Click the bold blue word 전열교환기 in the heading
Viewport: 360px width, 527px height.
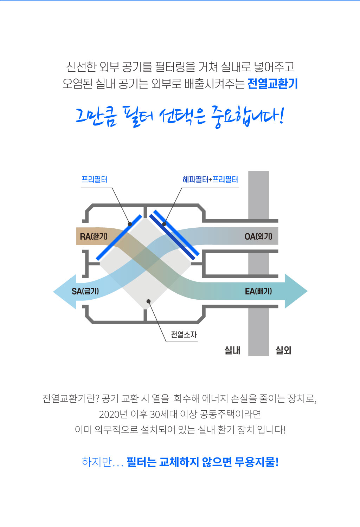[x=272, y=84]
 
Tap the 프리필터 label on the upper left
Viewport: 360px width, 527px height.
[x=94, y=180]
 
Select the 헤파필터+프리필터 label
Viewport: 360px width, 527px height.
[x=210, y=180]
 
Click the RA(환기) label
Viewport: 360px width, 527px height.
[x=94, y=236]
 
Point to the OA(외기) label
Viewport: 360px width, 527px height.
[x=258, y=236]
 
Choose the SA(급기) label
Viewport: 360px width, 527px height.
[x=85, y=291]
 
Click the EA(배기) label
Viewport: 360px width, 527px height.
[x=258, y=291]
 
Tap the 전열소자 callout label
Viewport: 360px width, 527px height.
[x=184, y=334]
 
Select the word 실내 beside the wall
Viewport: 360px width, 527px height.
[x=232, y=350]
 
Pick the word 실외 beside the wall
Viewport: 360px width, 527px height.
[x=283, y=350]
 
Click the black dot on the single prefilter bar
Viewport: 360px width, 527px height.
[x=130, y=224]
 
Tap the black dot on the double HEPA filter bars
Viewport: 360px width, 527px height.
[x=164, y=224]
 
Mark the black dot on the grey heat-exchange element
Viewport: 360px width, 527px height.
[x=149, y=301]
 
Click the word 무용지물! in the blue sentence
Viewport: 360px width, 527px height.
[x=257, y=462]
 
